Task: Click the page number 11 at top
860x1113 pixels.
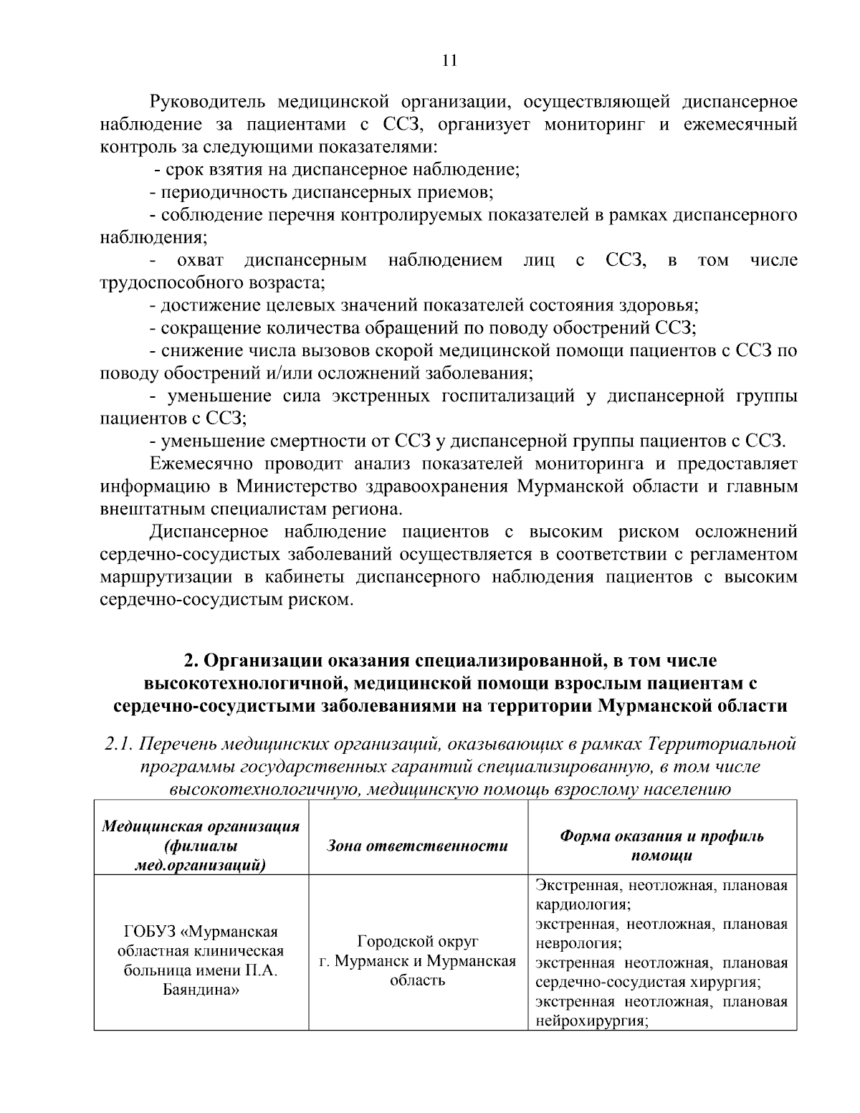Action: pos(449,60)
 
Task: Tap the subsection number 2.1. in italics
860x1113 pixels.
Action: pos(118,744)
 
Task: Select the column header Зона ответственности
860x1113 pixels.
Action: pos(417,846)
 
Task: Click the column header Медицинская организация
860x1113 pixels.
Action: pos(201,826)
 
